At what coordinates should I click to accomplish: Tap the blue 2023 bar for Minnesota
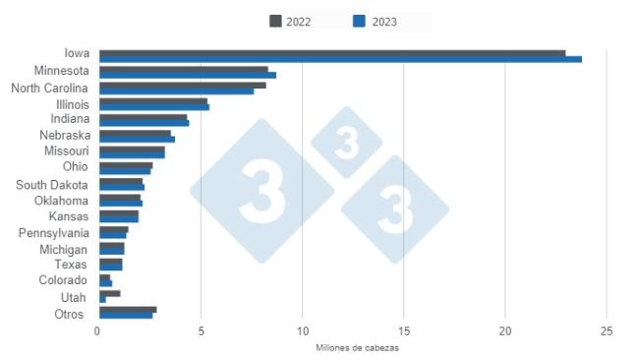(x=187, y=75)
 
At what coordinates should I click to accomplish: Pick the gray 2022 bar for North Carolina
(x=182, y=86)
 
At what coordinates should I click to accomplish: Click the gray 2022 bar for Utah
(x=109, y=293)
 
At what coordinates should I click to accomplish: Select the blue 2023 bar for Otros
(x=126, y=315)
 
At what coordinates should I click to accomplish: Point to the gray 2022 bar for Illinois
(x=152, y=101)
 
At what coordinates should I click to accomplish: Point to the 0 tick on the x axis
(x=98, y=331)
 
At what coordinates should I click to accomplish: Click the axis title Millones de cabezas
(x=357, y=348)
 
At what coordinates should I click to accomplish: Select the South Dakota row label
(x=52, y=185)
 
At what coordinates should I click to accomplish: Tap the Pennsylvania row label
(x=54, y=233)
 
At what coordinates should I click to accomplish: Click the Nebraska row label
(x=64, y=135)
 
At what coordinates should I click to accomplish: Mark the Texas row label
(x=72, y=265)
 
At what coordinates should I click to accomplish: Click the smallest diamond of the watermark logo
(x=346, y=143)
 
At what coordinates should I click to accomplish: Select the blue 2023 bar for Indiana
(x=144, y=123)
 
